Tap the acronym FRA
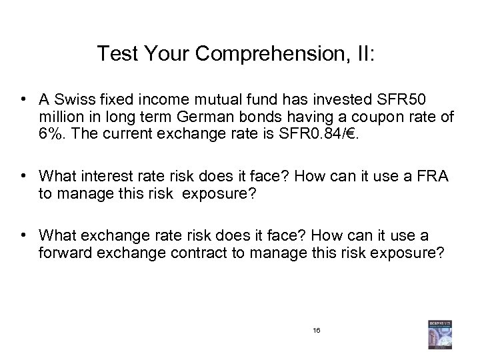point(434,177)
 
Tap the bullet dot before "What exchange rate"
point(25,235)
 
